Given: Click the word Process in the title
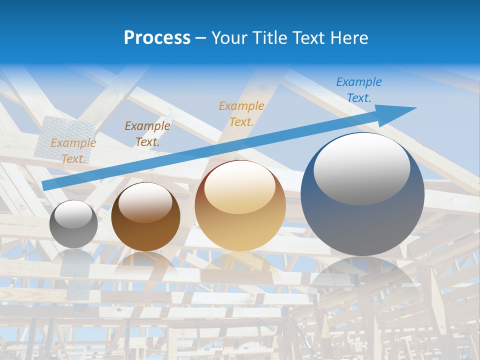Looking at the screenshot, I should click(x=157, y=38).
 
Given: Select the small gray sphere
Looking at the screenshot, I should click(x=73, y=224).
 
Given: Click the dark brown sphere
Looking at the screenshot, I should click(x=145, y=217).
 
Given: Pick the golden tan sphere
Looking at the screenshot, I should click(x=240, y=206).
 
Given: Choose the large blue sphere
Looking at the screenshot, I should click(x=362, y=195).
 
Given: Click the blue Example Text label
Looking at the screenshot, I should click(x=358, y=90).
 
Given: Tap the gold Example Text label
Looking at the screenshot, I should click(x=241, y=113).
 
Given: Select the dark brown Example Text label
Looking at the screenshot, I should click(x=147, y=134).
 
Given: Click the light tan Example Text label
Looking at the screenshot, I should click(x=73, y=150).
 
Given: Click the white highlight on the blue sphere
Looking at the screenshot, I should click(x=361, y=167).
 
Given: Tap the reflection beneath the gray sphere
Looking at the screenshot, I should click(x=73, y=260).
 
